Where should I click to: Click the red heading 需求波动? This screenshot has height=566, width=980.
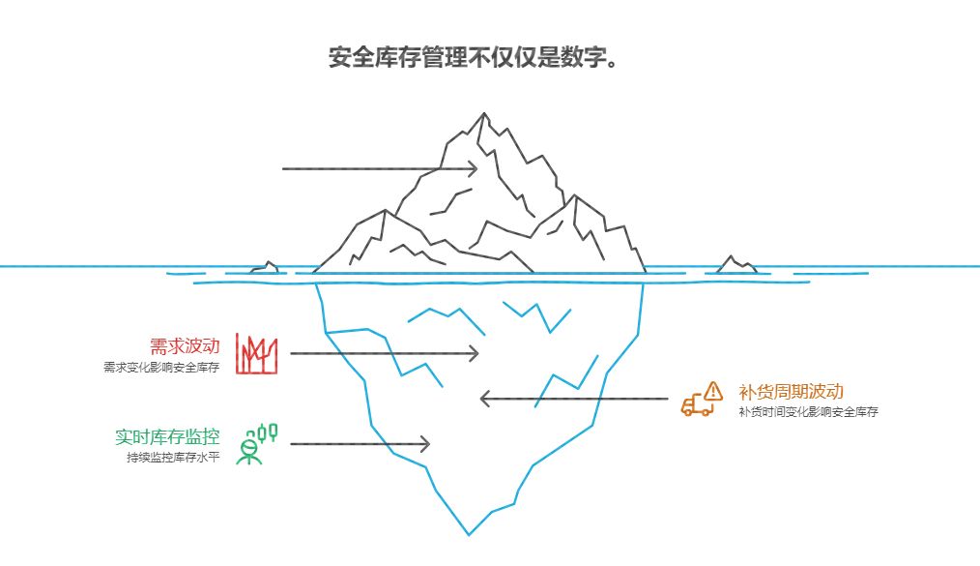(x=185, y=345)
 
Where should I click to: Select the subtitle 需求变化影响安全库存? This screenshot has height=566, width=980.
(x=161, y=368)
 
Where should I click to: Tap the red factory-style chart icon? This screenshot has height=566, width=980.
(x=257, y=354)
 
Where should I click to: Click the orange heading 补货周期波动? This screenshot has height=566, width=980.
(x=791, y=391)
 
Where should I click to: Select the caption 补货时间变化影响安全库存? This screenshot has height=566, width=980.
(x=808, y=412)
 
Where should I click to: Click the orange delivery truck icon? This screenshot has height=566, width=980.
(x=696, y=405)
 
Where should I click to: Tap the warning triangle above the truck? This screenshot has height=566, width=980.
(x=713, y=390)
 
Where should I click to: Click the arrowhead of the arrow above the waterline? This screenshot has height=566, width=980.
(x=474, y=168)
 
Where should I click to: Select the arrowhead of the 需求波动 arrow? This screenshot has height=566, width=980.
(x=475, y=354)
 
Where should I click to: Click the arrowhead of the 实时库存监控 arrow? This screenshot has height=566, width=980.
(x=424, y=444)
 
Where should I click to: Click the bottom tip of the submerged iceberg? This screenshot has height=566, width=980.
(x=470, y=534)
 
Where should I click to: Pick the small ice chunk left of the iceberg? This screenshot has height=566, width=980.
(x=266, y=268)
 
